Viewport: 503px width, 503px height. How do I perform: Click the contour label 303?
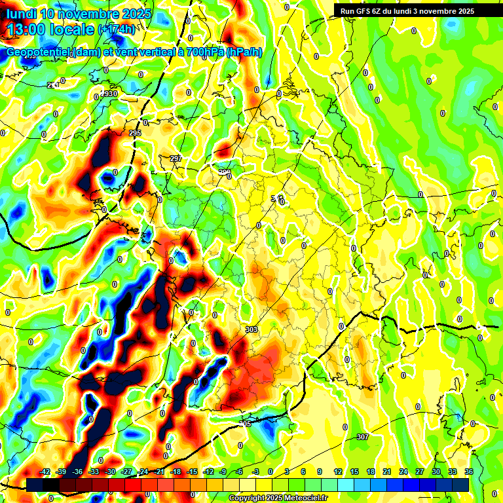tap(251, 329)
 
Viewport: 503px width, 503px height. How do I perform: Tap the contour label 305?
tap(245, 424)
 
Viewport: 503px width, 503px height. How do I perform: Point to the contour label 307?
tap(363, 437)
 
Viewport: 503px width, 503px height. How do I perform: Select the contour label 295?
tap(135, 133)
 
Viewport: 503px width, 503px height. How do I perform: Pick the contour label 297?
tap(176, 158)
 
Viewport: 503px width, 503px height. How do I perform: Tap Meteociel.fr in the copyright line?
tap(305, 498)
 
